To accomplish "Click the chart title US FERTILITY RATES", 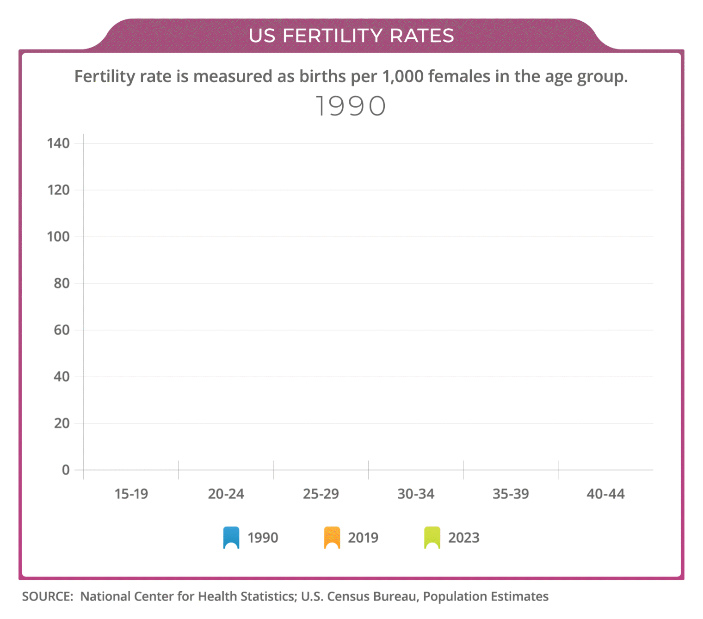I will click(351, 36).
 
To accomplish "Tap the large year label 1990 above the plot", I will click(350, 106).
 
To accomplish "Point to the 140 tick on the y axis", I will click(58, 143).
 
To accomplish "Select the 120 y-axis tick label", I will click(58, 190).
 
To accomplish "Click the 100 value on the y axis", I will click(58, 237).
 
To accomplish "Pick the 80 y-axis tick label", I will click(62, 283).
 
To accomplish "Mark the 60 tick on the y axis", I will click(62, 330).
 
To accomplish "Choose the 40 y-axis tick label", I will click(62, 377).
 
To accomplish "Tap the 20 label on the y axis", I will click(62, 423).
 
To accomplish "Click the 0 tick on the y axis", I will click(66, 470).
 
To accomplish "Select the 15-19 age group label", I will click(131, 494).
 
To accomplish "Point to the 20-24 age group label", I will click(226, 494).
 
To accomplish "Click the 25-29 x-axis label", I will click(321, 494).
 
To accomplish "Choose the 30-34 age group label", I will click(416, 494).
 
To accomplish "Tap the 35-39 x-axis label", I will click(511, 494).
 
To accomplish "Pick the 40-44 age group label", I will click(605, 494).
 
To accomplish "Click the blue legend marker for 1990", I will click(231, 537).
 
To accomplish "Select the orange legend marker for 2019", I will click(332, 537).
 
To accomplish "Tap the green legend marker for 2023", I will click(432, 537).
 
